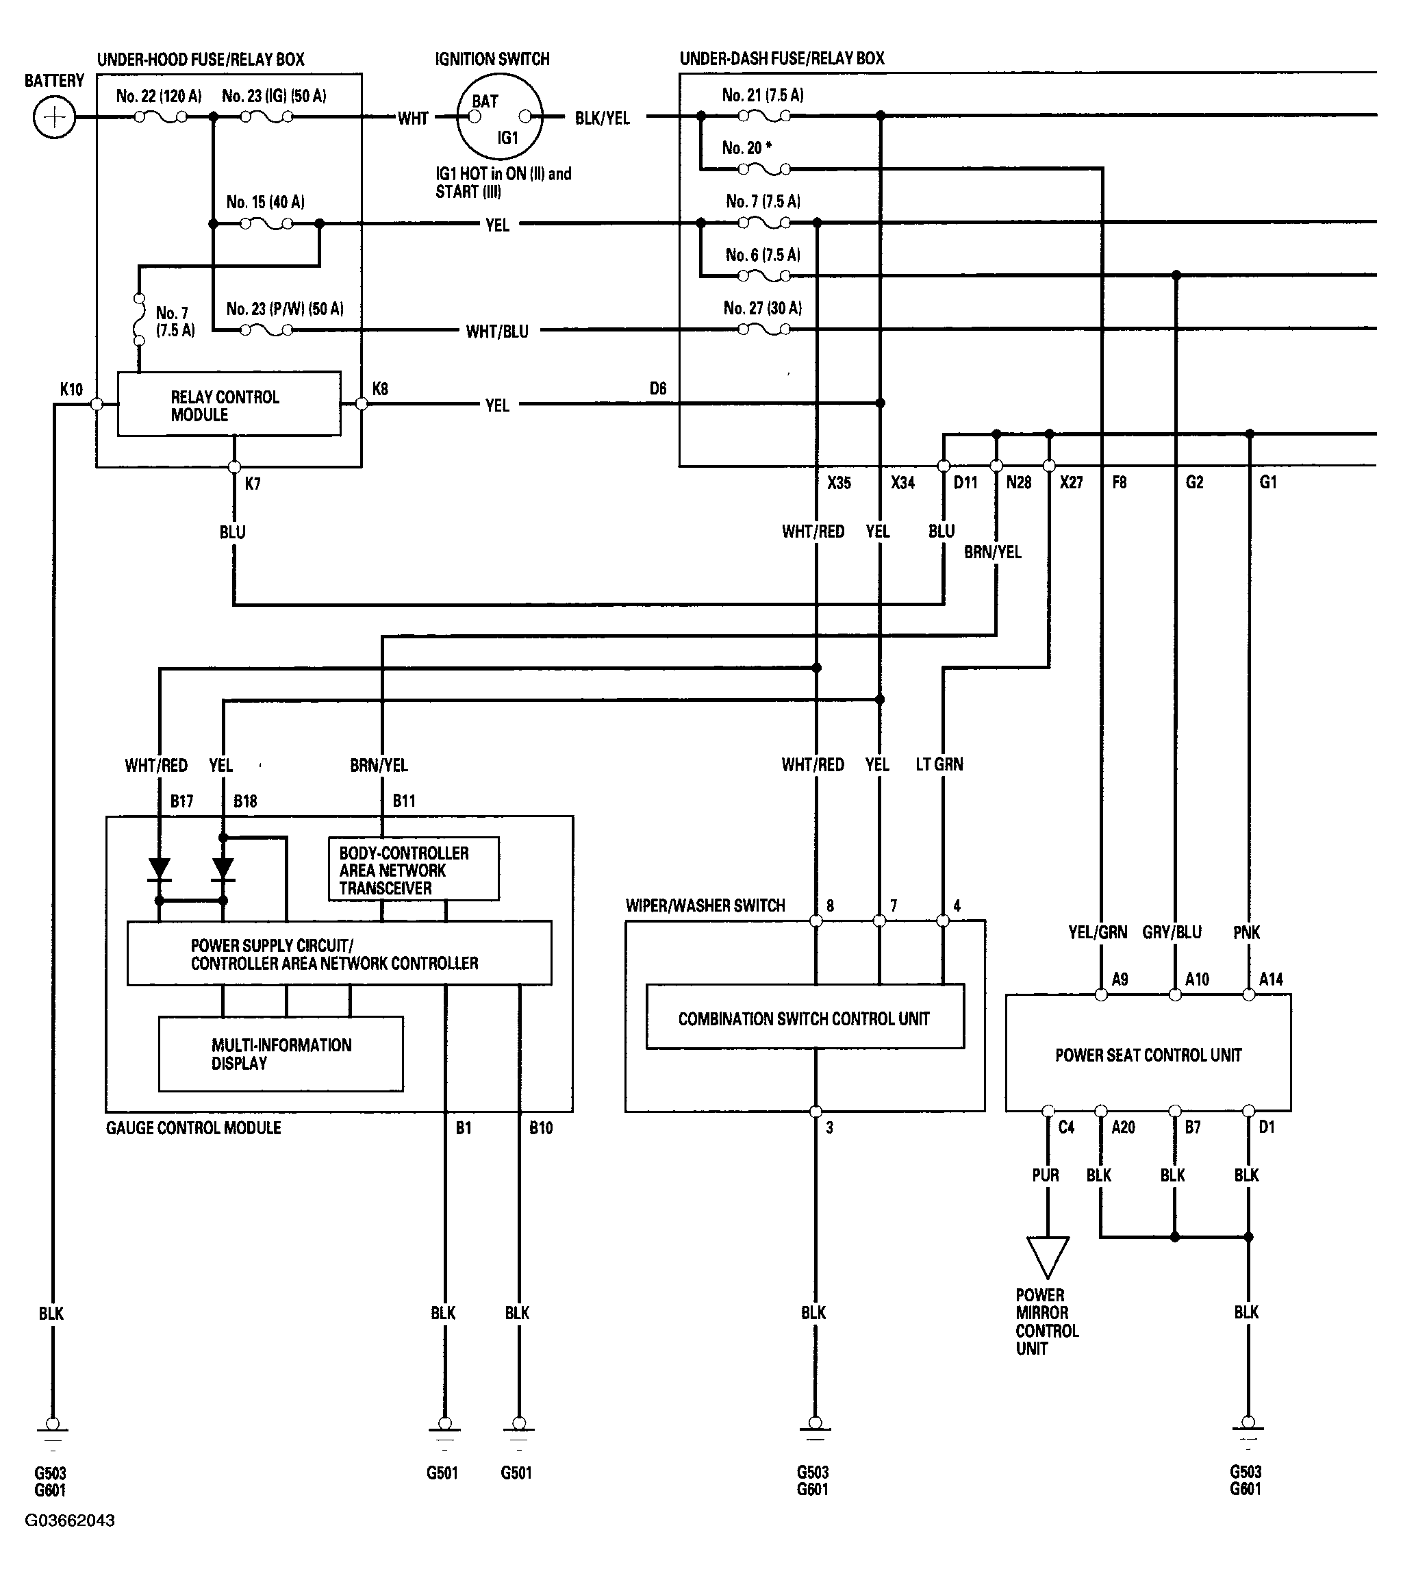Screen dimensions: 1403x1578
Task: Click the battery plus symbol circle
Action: [54, 117]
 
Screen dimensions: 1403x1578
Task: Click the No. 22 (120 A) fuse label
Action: [159, 96]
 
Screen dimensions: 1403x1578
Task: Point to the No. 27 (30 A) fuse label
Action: [763, 308]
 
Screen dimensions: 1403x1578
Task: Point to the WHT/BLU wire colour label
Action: [497, 332]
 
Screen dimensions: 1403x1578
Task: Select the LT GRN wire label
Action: [939, 764]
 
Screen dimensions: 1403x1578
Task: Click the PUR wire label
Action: [1046, 1175]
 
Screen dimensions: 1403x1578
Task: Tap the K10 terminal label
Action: [71, 389]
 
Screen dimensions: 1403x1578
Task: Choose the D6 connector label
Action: [657, 388]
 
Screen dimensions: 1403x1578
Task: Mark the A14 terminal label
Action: [1271, 979]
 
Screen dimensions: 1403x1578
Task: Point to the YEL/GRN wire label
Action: [1098, 932]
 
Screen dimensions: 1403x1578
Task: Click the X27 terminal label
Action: [1071, 483]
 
